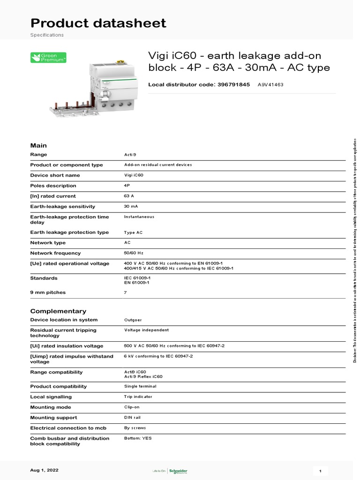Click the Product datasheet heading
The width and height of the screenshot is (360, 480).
98,23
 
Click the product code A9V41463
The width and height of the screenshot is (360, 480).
270,85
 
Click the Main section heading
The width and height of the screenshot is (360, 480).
38,145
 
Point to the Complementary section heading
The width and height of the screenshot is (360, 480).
58,311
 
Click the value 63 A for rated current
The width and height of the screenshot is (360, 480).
129,196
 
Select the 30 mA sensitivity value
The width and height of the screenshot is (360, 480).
131,206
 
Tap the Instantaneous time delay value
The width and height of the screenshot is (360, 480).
139,217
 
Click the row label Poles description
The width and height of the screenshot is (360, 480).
53,186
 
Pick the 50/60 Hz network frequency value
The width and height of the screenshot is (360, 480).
134,253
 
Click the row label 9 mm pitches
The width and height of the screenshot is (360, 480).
48,292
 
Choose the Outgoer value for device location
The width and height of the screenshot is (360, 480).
133,320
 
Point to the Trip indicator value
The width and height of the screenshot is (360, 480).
138,397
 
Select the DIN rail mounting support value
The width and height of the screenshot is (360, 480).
132,417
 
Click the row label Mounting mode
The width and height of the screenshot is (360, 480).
50,407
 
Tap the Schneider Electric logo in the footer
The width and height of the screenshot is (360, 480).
178,471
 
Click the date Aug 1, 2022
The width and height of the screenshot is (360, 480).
45,470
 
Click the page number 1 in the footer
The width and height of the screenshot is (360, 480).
320,471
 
